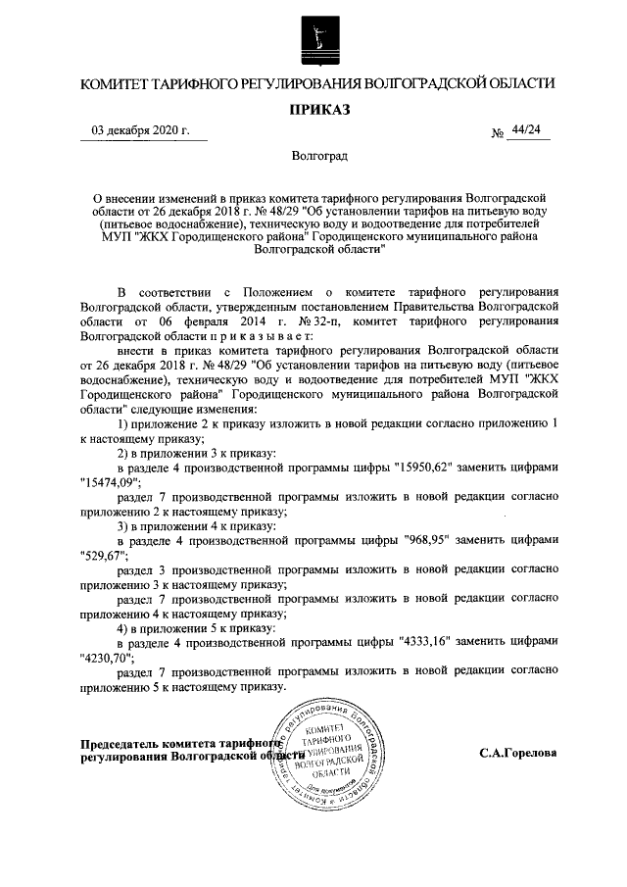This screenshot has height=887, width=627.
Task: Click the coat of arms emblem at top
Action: coord(313,40)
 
